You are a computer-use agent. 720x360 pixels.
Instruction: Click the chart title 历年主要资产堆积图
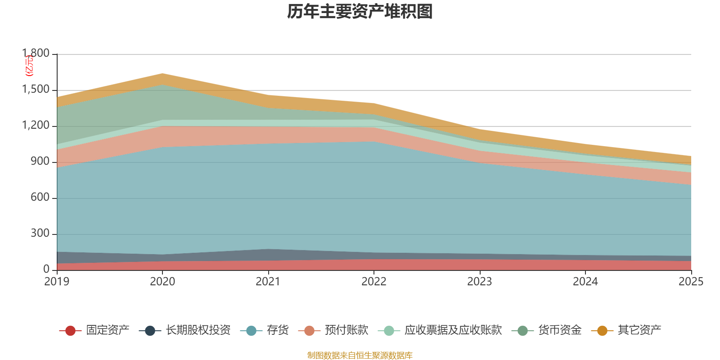[360, 12]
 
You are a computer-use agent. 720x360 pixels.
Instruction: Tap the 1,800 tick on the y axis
[36, 54]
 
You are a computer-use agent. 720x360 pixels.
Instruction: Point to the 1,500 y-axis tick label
[36, 90]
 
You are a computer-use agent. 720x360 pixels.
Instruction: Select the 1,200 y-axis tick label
[36, 126]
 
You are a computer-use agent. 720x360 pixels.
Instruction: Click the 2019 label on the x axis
[57, 282]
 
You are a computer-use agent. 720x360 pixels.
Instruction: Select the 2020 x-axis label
[162, 282]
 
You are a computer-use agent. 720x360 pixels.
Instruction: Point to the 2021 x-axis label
[268, 282]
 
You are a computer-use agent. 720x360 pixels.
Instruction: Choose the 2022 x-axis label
[374, 282]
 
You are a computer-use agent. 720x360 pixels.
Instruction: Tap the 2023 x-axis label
[480, 282]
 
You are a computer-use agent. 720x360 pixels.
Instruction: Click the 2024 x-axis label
[585, 282]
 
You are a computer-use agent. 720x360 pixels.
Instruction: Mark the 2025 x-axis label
[691, 282]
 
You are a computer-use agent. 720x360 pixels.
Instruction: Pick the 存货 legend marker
[251, 331]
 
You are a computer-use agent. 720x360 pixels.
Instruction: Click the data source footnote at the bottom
[360, 355]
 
